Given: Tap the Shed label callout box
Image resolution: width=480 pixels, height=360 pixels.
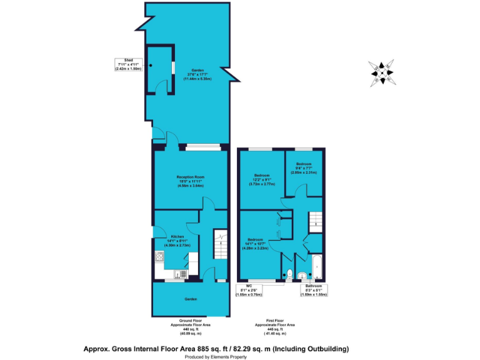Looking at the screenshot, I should [x=129, y=64].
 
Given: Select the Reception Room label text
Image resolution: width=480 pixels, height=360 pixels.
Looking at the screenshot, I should [x=190, y=181].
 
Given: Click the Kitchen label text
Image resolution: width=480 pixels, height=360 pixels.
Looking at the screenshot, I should [x=177, y=241].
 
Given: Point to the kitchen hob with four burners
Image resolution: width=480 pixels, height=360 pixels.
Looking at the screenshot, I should [x=159, y=257].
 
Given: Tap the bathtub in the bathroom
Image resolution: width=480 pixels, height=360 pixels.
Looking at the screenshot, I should [x=316, y=266].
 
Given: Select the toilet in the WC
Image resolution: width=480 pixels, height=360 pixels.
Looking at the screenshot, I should [x=289, y=272].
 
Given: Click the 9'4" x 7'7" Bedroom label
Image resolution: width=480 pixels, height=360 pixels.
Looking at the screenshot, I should [x=304, y=169].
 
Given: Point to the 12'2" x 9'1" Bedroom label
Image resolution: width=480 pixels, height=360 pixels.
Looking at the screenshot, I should [x=262, y=180].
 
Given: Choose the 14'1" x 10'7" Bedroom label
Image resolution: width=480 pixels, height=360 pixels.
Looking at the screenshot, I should [x=256, y=244].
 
